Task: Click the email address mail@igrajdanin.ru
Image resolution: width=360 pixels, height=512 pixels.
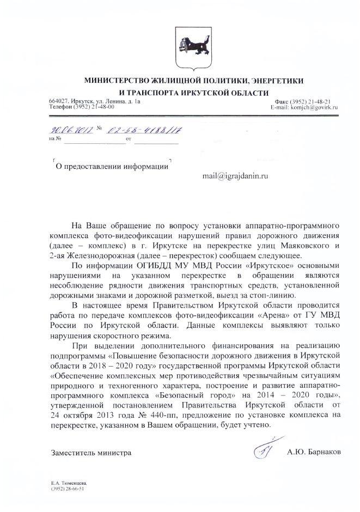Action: tap(235, 176)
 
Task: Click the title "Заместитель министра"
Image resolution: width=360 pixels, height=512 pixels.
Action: tap(91, 452)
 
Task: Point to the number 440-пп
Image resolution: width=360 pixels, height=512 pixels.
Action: tap(137, 416)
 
